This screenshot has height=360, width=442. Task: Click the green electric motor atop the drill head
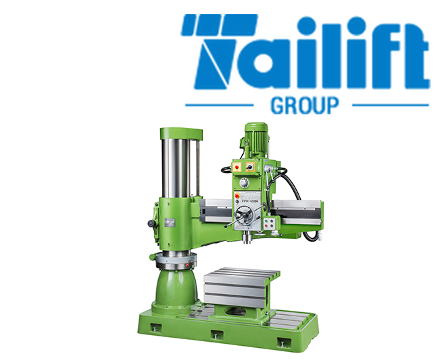(256, 139)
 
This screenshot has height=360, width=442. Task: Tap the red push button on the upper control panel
(236, 168)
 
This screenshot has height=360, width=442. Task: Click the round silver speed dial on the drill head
(245, 182)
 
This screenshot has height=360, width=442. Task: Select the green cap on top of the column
(180, 133)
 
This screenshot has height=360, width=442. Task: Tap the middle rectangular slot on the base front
(217, 334)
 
